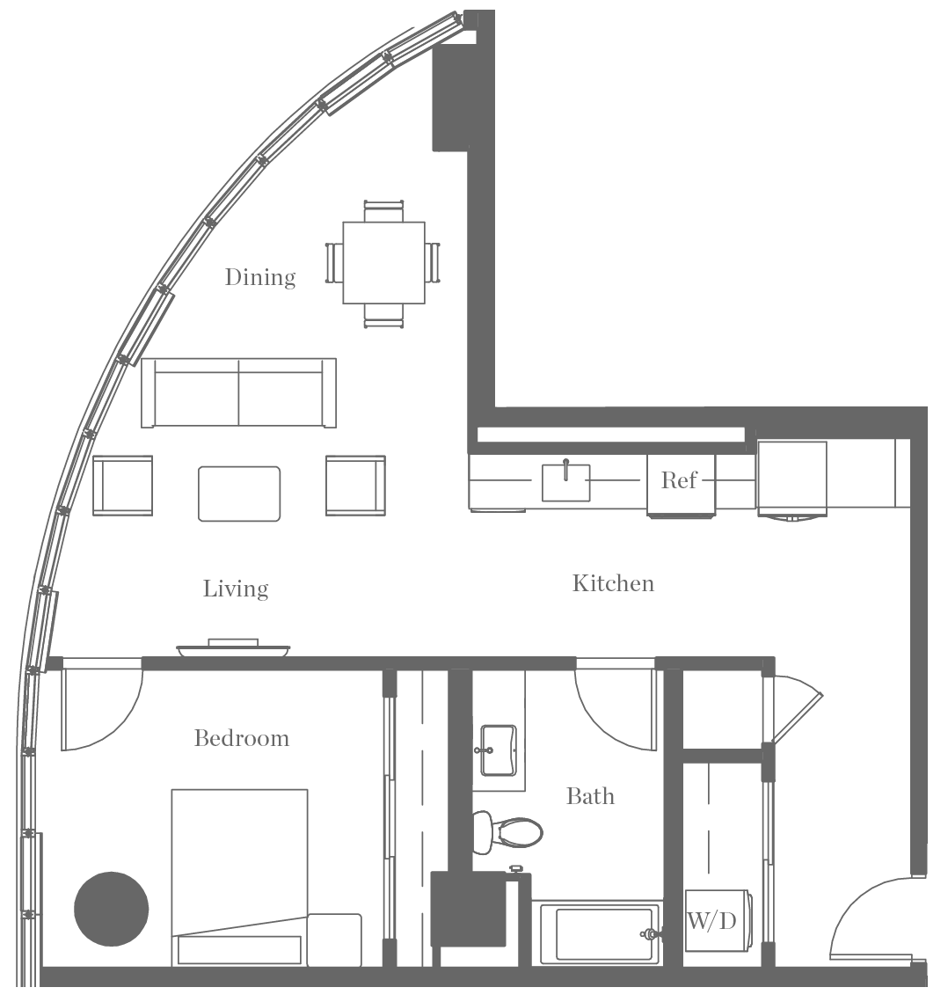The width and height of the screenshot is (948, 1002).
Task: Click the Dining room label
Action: click(260, 277)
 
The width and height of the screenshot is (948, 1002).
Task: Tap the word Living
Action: click(236, 589)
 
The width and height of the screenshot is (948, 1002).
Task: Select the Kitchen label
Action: click(613, 583)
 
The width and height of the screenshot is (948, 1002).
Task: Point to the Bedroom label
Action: click(242, 738)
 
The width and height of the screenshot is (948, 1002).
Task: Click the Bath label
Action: click(590, 796)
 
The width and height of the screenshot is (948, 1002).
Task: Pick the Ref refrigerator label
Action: click(679, 480)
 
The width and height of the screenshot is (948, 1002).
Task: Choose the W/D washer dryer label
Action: click(711, 921)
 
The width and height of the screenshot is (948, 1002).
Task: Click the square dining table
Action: click(383, 262)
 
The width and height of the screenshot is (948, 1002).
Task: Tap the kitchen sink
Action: click(565, 482)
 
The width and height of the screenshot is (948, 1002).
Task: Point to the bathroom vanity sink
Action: click(498, 750)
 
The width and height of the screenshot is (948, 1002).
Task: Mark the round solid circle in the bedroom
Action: click(111, 908)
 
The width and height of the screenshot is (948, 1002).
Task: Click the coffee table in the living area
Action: click(239, 494)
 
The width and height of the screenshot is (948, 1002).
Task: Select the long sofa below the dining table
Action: click(238, 391)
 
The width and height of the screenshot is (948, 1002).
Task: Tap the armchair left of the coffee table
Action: click(122, 485)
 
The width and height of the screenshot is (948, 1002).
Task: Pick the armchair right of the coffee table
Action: click(355, 485)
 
